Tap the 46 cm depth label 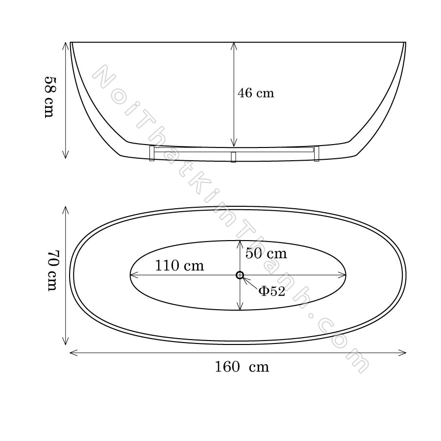point(256,93)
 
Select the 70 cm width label point(52,270)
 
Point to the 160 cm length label point(242,367)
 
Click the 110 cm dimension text point(179,266)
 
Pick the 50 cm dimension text point(266,253)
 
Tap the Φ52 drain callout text point(271,291)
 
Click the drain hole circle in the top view point(240,275)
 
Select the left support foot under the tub point(151,153)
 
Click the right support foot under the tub point(317,153)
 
